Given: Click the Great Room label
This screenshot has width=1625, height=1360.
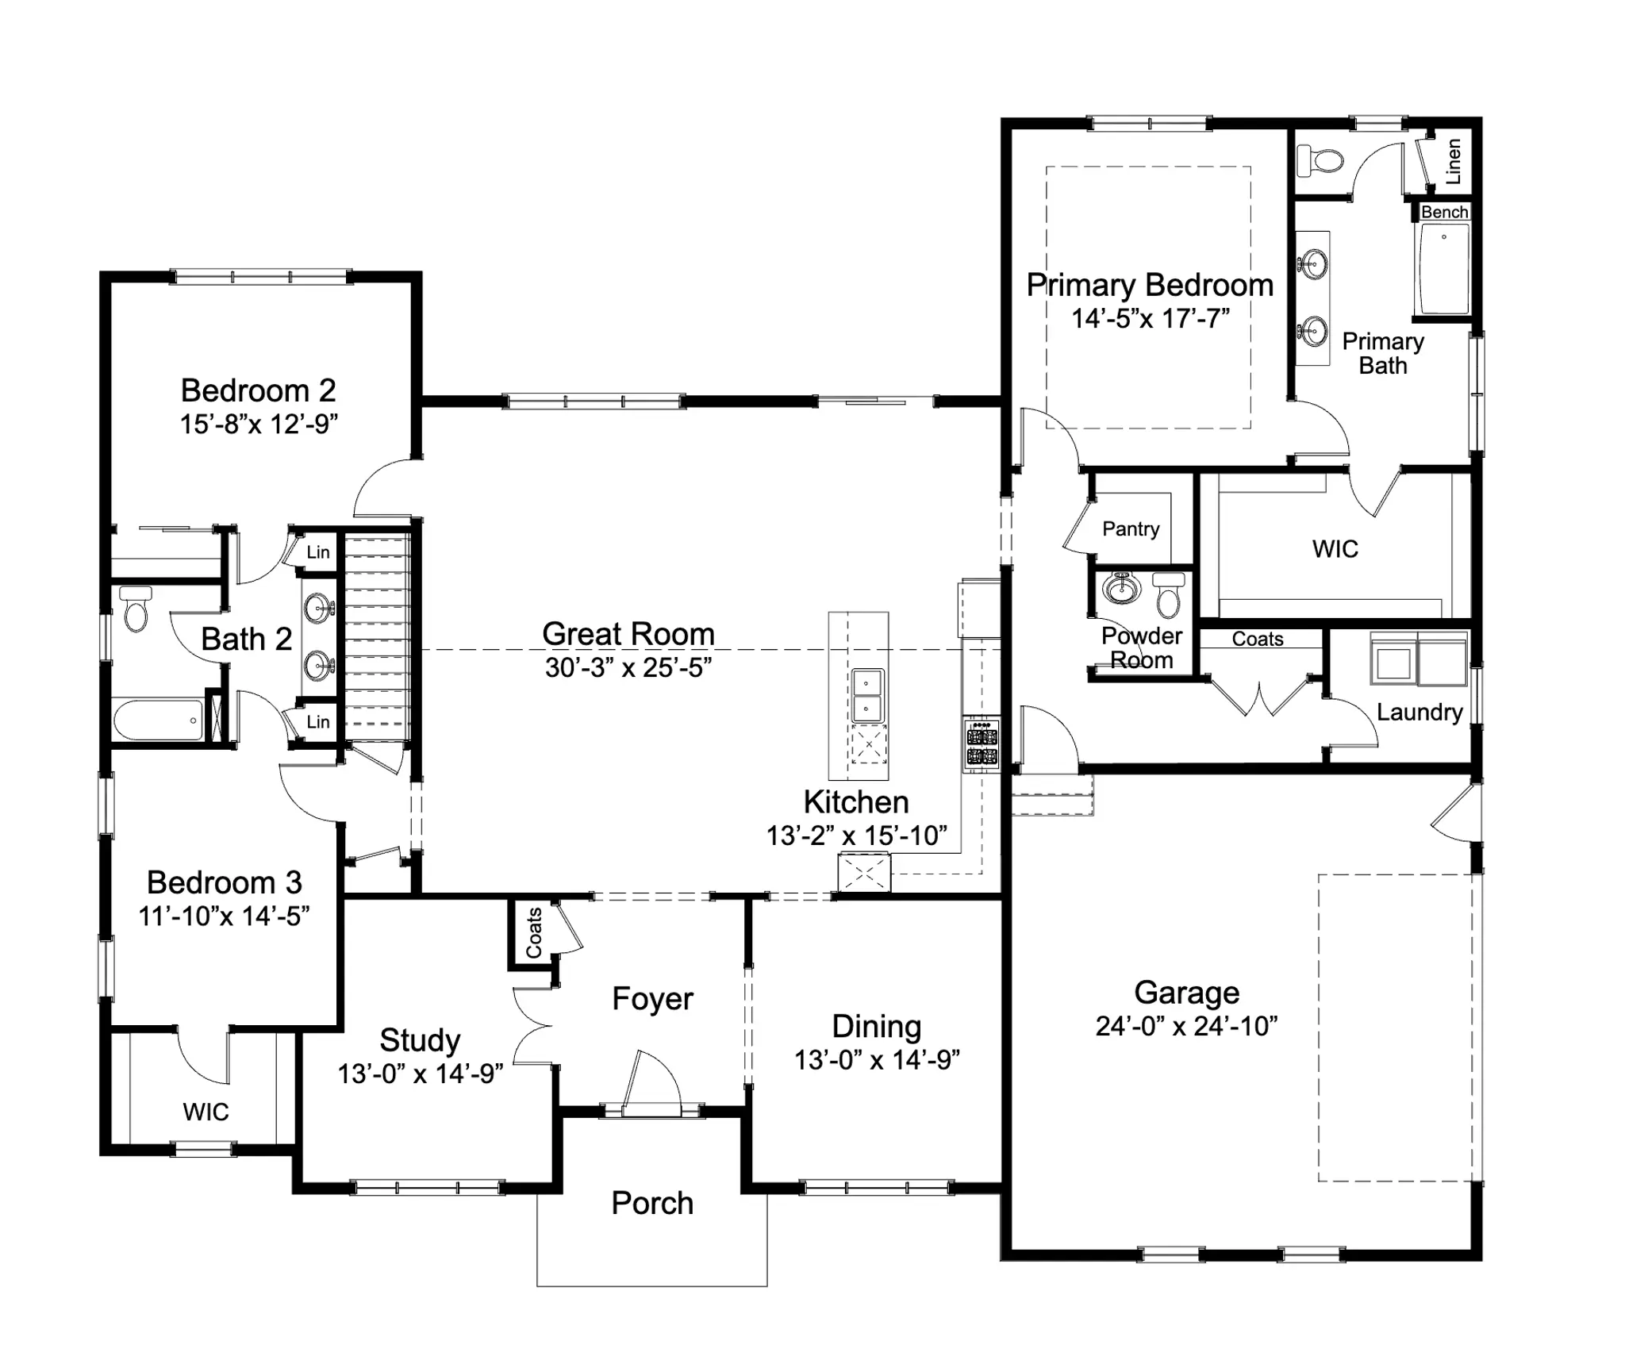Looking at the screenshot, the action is (x=628, y=634).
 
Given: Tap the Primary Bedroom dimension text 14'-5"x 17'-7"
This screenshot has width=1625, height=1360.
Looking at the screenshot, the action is (x=1151, y=318).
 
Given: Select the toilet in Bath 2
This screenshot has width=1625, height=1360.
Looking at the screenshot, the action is (x=136, y=609).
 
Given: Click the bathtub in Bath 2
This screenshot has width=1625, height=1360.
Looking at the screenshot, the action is (x=158, y=720).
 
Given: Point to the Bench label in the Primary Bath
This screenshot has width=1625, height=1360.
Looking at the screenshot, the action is (x=1444, y=212).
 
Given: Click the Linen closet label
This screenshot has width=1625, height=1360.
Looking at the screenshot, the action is (x=1453, y=162).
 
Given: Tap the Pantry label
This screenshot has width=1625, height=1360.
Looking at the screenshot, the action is (x=1131, y=528).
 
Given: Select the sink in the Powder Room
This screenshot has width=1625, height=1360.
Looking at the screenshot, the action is (x=1121, y=588).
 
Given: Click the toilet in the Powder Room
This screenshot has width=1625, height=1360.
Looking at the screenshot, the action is (x=1168, y=595).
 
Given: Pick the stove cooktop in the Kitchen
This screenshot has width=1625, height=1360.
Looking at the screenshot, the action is (x=982, y=744).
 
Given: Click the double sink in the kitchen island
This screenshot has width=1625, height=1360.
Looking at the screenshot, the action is (x=867, y=695).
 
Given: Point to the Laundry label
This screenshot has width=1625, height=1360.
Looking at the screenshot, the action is (x=1419, y=712).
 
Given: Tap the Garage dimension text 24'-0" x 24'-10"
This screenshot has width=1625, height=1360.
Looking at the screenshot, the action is (x=1187, y=1026).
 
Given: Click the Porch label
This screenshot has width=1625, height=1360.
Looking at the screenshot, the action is (x=652, y=1203).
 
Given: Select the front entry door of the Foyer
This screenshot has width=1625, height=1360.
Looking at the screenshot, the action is (x=652, y=1082).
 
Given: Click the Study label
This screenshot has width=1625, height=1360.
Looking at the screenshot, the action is (x=420, y=1040).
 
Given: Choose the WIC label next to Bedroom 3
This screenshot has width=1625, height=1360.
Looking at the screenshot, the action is (x=206, y=1112).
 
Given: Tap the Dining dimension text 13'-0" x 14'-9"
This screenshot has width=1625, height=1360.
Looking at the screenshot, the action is (x=878, y=1059).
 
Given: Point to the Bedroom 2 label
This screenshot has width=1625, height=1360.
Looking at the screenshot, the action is (x=258, y=390).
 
